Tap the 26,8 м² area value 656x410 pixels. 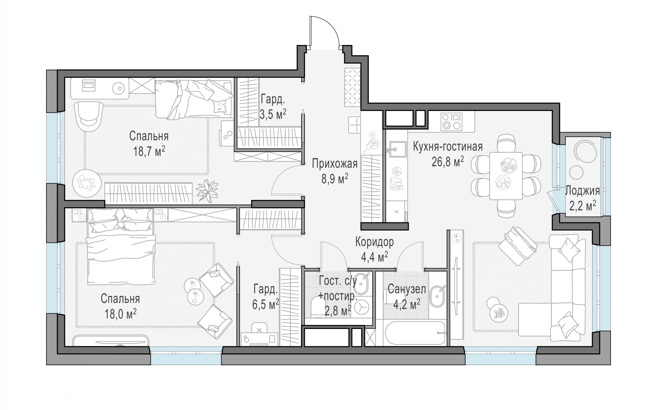[x=448, y=162]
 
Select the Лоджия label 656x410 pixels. [x=582, y=191]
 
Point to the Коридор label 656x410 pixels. [x=374, y=242]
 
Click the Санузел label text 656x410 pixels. [x=407, y=289]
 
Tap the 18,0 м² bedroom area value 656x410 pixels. [x=120, y=314]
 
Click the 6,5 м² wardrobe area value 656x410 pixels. [x=265, y=304]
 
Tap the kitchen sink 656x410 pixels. [x=398, y=149]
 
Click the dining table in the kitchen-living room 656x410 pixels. [x=506, y=176]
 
